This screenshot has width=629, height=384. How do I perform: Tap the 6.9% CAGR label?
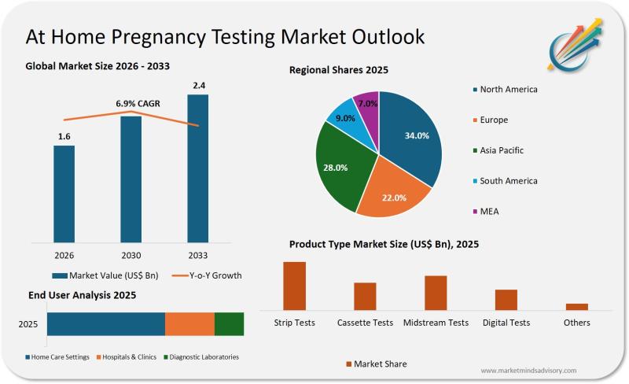tap(131, 104)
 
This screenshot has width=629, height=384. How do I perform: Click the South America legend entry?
tap(508, 181)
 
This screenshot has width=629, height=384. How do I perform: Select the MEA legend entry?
tap(489, 211)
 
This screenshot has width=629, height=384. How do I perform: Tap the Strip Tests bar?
tap(294, 286)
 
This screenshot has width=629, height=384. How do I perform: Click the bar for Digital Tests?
tap(506, 300)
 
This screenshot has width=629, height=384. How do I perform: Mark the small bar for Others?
tap(577, 306)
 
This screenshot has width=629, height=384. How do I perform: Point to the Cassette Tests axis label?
tap(365, 323)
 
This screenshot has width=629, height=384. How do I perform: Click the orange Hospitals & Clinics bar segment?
tap(189, 324)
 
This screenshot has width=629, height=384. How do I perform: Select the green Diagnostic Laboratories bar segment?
tap(229, 324)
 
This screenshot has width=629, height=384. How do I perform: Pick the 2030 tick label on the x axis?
tap(131, 255)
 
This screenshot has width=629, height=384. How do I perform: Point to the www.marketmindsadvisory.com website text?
tap(528, 370)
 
